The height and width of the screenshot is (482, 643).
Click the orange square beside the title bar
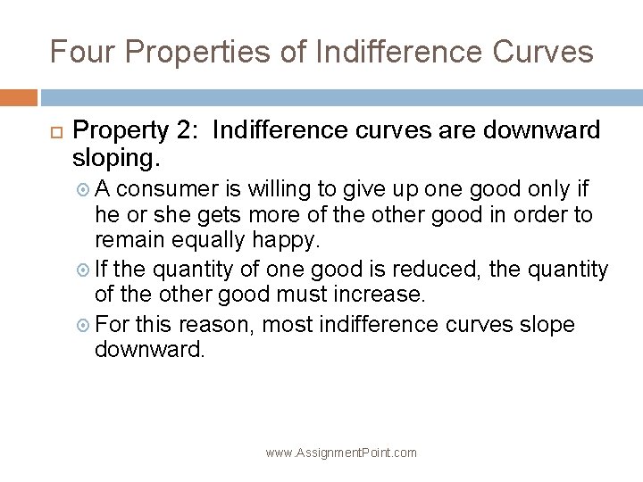[19, 97]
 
